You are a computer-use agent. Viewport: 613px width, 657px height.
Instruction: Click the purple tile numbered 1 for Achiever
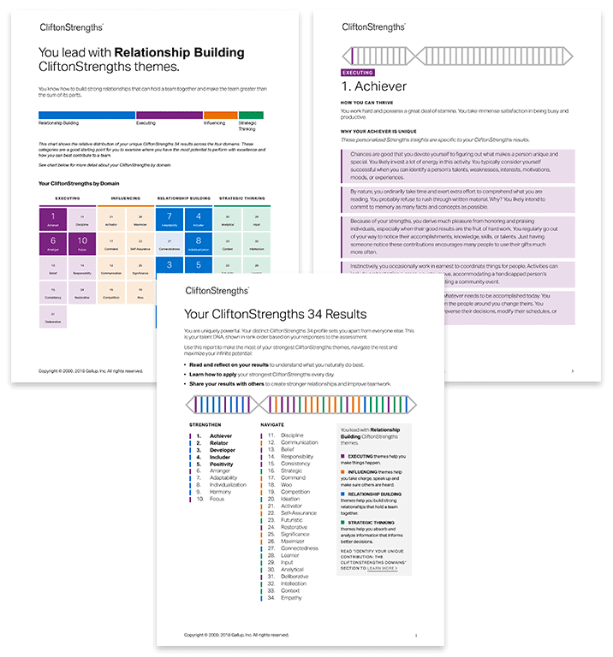pos(53,221)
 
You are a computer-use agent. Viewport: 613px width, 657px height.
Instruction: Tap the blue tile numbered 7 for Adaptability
pos(170,221)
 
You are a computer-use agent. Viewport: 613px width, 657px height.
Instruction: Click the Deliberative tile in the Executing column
pos(53,317)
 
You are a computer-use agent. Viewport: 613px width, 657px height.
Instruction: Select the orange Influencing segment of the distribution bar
pos(220,115)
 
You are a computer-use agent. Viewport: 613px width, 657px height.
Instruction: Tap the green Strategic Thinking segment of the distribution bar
pos(251,115)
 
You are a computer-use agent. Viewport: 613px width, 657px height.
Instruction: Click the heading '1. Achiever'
pos(373,86)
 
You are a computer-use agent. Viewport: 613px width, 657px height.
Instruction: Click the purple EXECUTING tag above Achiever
pos(358,73)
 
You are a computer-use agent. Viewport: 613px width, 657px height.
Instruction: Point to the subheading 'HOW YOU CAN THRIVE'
pos(369,104)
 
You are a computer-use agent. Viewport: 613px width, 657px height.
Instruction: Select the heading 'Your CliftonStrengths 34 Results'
pos(276,314)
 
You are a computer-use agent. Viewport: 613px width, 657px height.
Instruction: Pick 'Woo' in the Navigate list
pos(286,485)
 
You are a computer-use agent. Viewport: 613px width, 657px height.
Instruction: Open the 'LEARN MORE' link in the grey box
pos(382,567)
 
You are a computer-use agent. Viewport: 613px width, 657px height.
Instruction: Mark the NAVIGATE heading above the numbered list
pos(272,424)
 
